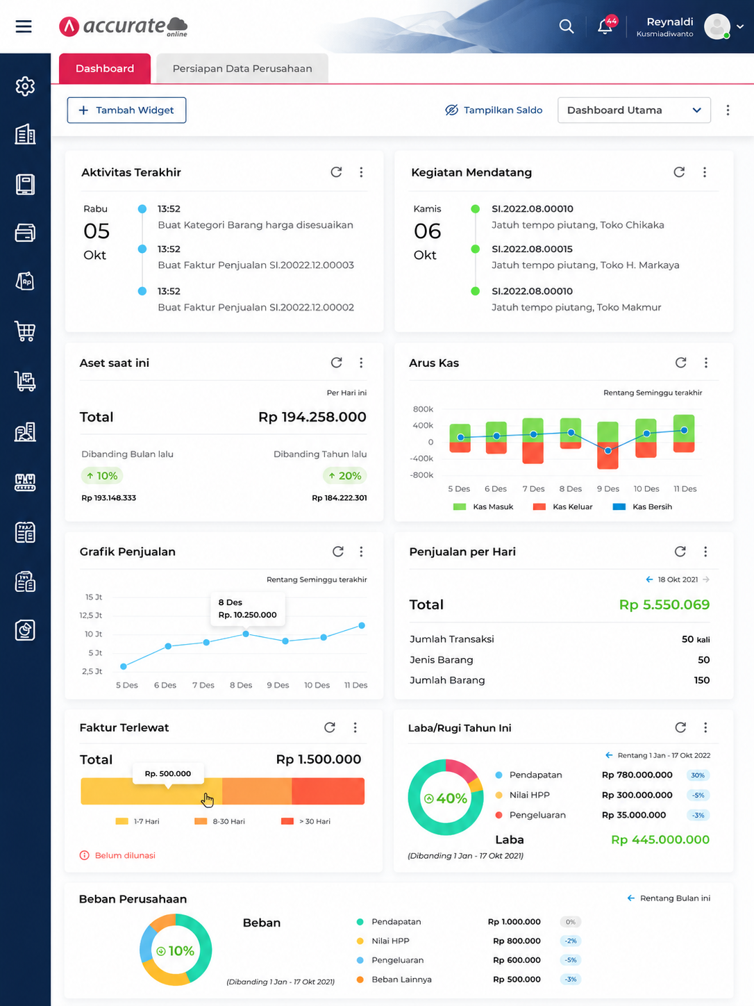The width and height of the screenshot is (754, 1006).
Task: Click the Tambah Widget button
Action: pyautogui.click(x=126, y=110)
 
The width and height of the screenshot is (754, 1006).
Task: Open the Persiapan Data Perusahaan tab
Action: pyautogui.click(x=242, y=69)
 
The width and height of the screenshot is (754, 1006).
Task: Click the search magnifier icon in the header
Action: pyautogui.click(x=567, y=26)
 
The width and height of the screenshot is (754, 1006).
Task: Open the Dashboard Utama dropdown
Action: pyautogui.click(x=634, y=110)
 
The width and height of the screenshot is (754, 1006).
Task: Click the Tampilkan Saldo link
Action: pyautogui.click(x=494, y=110)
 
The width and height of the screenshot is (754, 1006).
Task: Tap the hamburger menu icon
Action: pyautogui.click(x=24, y=26)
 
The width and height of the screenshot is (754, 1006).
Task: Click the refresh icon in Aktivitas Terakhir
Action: pyautogui.click(x=337, y=172)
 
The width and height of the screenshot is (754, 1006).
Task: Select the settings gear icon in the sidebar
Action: pyautogui.click(x=25, y=86)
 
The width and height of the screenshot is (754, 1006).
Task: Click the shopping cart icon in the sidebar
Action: pyautogui.click(x=25, y=331)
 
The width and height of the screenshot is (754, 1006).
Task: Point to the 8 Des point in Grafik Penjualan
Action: pyautogui.click(x=246, y=634)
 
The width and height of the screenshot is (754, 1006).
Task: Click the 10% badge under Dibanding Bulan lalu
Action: pyautogui.click(x=102, y=476)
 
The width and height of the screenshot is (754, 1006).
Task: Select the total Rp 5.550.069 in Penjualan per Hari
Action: pyautogui.click(x=664, y=604)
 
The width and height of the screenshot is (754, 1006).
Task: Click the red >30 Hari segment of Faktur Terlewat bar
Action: pyautogui.click(x=328, y=791)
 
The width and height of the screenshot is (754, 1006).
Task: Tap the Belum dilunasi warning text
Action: pyautogui.click(x=125, y=855)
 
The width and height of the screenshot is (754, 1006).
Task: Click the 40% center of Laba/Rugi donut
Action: pyautogui.click(x=446, y=798)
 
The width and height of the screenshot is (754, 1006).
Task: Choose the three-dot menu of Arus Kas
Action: pyautogui.click(x=706, y=363)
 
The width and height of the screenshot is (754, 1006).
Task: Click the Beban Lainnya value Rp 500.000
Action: pyautogui.click(x=517, y=980)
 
